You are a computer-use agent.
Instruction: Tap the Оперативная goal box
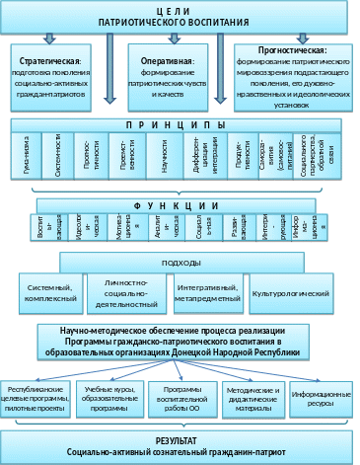[166, 73]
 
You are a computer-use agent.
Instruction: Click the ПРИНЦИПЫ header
[178, 127]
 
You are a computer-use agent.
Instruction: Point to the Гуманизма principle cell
[33, 158]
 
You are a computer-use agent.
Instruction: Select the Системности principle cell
[61, 158]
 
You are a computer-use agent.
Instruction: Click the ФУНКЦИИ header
[178, 208]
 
